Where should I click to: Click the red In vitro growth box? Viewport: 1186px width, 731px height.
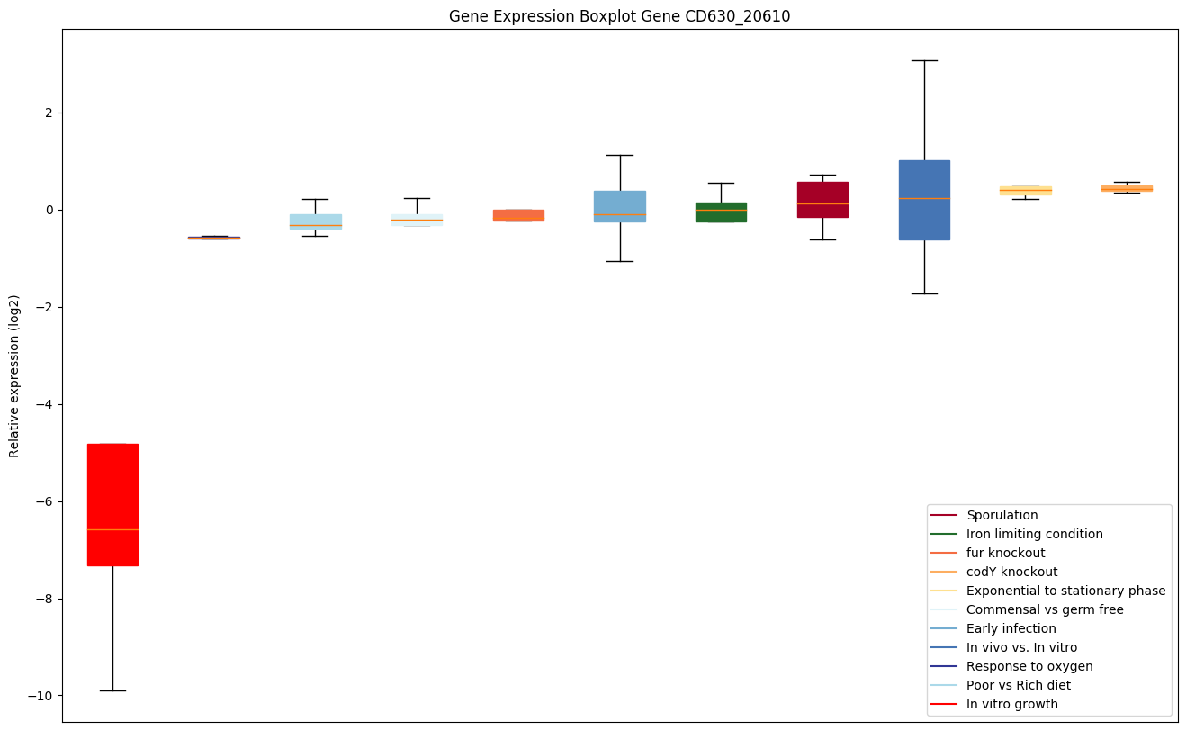[x=112, y=504]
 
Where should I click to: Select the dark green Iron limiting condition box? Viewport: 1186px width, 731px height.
[x=721, y=212]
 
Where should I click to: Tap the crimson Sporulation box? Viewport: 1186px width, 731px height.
[x=822, y=199]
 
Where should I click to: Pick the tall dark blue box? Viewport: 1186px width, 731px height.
[x=924, y=200]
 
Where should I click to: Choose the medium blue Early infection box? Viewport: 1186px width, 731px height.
[x=620, y=206]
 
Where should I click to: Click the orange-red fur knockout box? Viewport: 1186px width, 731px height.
[x=518, y=214]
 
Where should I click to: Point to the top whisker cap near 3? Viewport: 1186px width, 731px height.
[x=924, y=60]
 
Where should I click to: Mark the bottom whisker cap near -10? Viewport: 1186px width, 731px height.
[x=112, y=690]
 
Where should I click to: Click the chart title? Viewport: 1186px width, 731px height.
[x=619, y=16]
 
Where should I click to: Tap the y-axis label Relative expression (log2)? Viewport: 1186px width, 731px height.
[x=14, y=375]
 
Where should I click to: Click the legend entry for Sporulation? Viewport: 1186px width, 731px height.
[x=1002, y=515]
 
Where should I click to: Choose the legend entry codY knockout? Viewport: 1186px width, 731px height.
[x=1011, y=572]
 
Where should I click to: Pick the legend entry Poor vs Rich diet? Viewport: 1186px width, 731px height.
[x=1019, y=685]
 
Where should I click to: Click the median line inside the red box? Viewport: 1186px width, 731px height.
[x=112, y=529]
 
